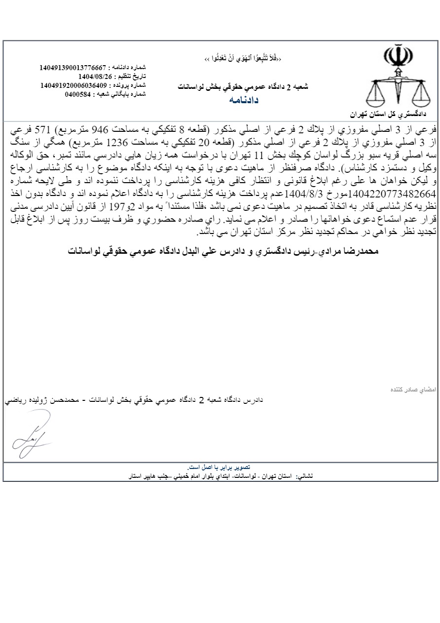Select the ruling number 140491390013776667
pos(73,67)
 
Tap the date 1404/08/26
pos(96,76)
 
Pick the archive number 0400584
pos(77,94)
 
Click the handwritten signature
pos(31,433)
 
